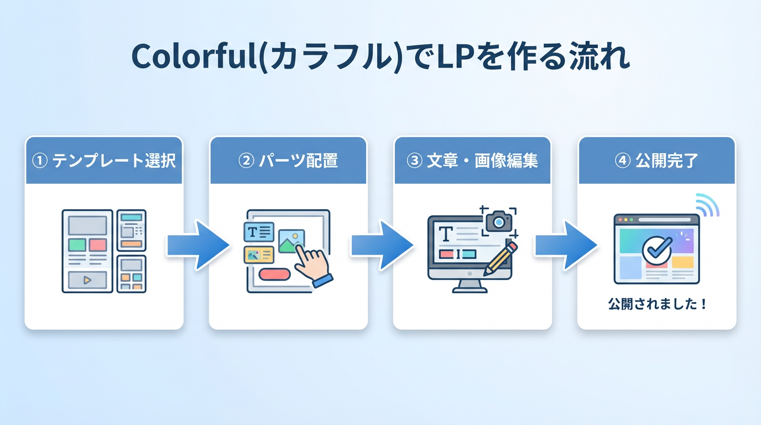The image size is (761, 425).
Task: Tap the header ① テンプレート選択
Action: [104, 161]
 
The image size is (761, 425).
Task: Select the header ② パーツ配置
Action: [288, 161]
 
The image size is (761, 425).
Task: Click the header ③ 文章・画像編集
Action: [472, 161]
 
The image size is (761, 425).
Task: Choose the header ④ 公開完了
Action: [656, 161]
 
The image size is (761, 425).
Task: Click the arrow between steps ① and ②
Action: [197, 245]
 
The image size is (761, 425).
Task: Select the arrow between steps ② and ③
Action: [381, 245]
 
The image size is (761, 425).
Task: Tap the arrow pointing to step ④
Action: [565, 245]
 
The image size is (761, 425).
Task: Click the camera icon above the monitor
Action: [498, 221]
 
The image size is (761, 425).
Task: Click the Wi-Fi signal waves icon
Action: [706, 205]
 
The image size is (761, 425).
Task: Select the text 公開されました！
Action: [657, 304]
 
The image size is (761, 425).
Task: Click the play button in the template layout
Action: [87, 280]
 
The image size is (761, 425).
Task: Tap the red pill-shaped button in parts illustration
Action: [274, 273]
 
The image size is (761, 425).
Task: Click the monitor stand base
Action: [470, 288]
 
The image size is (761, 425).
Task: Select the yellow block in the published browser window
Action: [682, 262]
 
